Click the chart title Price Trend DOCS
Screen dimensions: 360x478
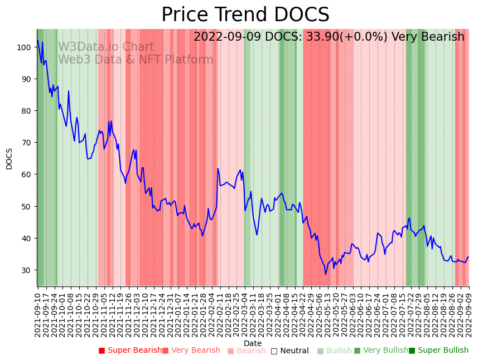click(245, 15)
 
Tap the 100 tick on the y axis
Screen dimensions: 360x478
click(25, 47)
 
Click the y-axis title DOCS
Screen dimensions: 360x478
click(9, 158)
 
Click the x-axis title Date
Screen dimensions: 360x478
click(253, 343)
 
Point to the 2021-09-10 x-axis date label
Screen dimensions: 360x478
click(38, 315)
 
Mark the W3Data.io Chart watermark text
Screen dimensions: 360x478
click(106, 47)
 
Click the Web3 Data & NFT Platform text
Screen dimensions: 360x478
click(136, 60)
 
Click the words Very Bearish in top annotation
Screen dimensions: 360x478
click(428, 37)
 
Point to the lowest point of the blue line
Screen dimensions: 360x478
click(326, 274)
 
